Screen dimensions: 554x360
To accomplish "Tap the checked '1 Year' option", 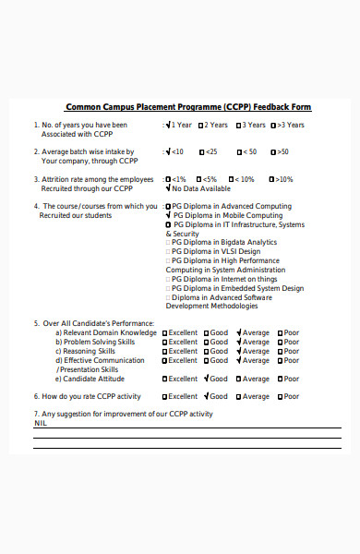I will [179, 125].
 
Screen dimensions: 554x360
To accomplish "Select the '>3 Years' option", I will [286, 125].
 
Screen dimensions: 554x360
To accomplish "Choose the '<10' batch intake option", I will [174, 151].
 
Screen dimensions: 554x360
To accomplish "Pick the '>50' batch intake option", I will [278, 151].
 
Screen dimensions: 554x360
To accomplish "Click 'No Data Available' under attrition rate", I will [201, 188].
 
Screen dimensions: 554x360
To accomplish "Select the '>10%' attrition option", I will [280, 179].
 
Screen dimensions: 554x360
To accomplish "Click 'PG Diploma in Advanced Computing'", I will [227, 206].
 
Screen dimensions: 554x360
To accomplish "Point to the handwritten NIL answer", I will [41, 423].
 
